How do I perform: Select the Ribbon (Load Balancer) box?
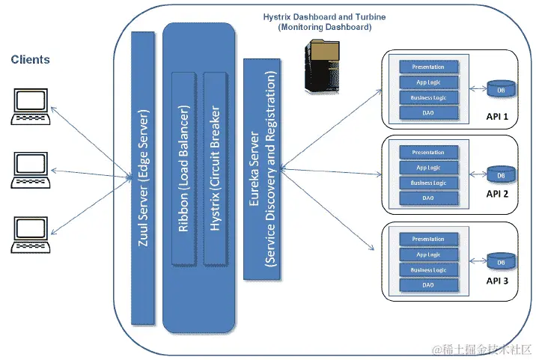pyautogui.click(x=183, y=168)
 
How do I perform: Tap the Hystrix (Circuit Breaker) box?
pyautogui.click(x=216, y=168)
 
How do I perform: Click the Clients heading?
pyautogui.click(x=31, y=60)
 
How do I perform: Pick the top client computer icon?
pyautogui.click(x=29, y=107)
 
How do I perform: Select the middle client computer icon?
pyautogui.click(x=29, y=171)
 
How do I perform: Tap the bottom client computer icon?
pyautogui.click(x=29, y=234)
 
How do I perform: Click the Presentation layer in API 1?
pyautogui.click(x=428, y=66)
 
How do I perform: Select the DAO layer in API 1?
pyautogui.click(x=428, y=112)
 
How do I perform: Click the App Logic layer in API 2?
pyautogui.click(x=428, y=168)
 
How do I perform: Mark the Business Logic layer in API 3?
pyautogui.click(x=428, y=270)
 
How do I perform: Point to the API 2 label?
pyautogui.click(x=497, y=194)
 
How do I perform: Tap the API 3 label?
pyautogui.click(x=497, y=281)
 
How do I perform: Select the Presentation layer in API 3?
pyautogui.click(x=428, y=240)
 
